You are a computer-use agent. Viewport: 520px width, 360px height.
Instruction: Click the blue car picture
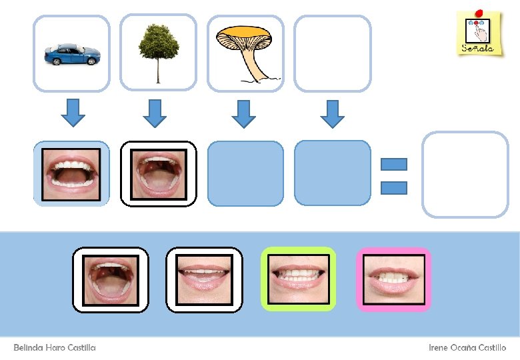tap(72, 54)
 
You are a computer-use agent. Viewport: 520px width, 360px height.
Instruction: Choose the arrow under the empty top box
tap(332, 113)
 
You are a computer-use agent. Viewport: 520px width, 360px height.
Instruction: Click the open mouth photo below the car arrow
tap(71, 174)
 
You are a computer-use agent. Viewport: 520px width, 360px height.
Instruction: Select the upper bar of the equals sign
tap(393, 164)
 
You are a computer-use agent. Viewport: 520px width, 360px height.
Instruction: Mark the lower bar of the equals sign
tap(393, 187)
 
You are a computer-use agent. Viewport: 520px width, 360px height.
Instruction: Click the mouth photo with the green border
tap(298, 279)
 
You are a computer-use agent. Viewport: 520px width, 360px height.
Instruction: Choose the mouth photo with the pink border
tap(394, 279)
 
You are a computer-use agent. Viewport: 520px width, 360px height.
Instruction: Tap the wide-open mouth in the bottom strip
tap(110, 279)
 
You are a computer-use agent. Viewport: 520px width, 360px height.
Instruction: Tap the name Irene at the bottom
tap(439, 348)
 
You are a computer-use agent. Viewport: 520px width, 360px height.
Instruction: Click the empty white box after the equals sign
tap(465, 175)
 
